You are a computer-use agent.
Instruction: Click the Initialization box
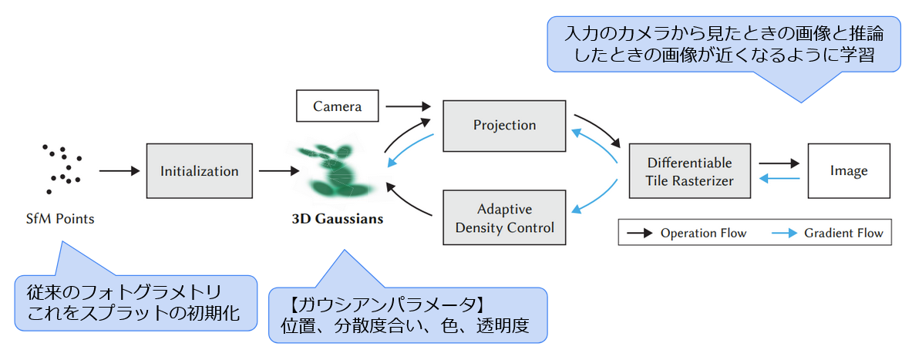[199, 171]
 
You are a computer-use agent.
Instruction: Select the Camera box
[338, 106]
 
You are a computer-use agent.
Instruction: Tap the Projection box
[504, 125]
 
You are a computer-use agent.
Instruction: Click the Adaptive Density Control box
[504, 218]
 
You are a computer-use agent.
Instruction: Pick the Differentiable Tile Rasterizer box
[689, 172]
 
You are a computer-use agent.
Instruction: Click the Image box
[848, 171]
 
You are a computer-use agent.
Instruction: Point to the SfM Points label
[59, 219]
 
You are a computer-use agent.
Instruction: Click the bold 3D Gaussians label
[338, 219]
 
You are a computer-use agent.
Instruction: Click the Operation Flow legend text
[703, 233]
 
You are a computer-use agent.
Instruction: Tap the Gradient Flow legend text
[843, 233]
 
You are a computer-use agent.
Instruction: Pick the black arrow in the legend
[639, 233]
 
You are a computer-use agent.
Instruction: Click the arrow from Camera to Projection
[409, 106]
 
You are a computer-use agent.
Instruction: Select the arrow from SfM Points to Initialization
[116, 171]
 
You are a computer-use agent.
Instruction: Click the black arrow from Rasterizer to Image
[779, 163]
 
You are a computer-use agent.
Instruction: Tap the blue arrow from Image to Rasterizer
[779, 180]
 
